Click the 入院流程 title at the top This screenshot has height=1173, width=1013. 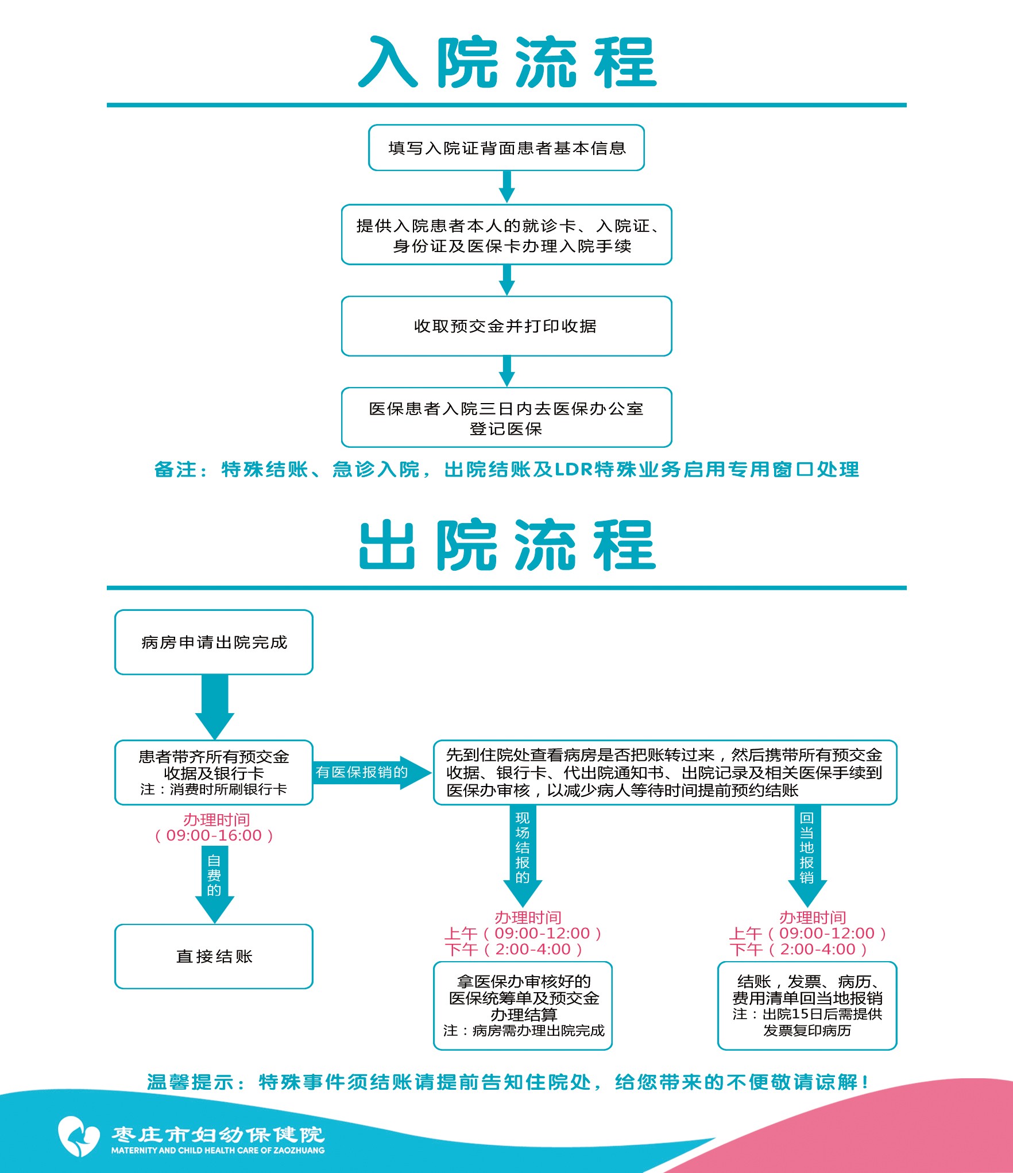coord(506,62)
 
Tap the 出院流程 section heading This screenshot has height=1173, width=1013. coord(506,545)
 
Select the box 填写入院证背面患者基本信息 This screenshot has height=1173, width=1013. coord(506,148)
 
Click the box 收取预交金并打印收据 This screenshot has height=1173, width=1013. coord(506,326)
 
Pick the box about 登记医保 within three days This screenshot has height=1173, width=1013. coord(506,418)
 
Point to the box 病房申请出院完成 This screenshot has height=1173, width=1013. coord(214,642)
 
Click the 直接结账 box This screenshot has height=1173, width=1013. coord(214,957)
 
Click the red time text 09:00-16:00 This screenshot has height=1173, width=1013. coord(214,835)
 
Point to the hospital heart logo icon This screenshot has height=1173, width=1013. coord(79,1136)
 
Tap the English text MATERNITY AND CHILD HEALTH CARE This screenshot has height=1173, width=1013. coord(218,1150)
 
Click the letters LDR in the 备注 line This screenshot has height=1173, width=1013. coord(573,470)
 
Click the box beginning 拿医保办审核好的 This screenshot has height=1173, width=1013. coord(523,1005)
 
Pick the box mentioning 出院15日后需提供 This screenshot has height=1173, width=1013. coord(807,1005)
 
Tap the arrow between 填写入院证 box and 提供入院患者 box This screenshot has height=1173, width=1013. coord(506,187)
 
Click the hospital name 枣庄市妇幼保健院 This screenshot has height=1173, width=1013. coord(218,1134)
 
